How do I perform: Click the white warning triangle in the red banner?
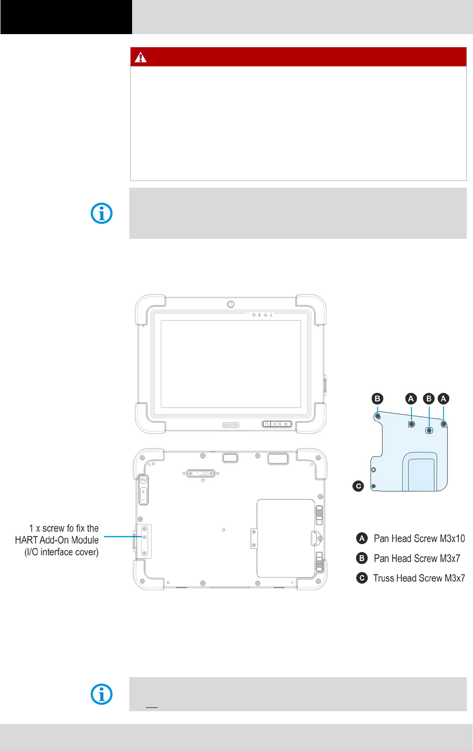(x=141, y=57)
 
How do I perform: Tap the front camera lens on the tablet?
(x=231, y=304)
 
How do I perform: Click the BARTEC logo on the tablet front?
(x=231, y=425)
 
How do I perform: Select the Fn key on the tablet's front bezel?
(x=267, y=424)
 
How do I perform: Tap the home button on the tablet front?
(x=275, y=424)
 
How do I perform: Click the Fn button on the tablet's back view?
(x=143, y=480)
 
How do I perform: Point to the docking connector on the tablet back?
(x=201, y=473)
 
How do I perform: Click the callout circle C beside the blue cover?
(x=358, y=486)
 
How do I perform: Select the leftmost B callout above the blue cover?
(x=377, y=398)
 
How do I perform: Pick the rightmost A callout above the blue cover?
(x=443, y=398)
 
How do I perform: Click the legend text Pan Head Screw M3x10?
(x=419, y=538)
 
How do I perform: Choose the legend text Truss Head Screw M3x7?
(x=419, y=578)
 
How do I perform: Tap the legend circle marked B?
(x=362, y=558)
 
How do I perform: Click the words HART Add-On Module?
(x=57, y=540)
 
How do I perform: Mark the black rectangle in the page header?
(x=66, y=17)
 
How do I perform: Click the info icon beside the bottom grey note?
(x=102, y=694)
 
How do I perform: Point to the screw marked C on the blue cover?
(x=374, y=486)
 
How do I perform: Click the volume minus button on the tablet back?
(x=143, y=499)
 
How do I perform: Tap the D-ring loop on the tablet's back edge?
(x=316, y=538)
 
